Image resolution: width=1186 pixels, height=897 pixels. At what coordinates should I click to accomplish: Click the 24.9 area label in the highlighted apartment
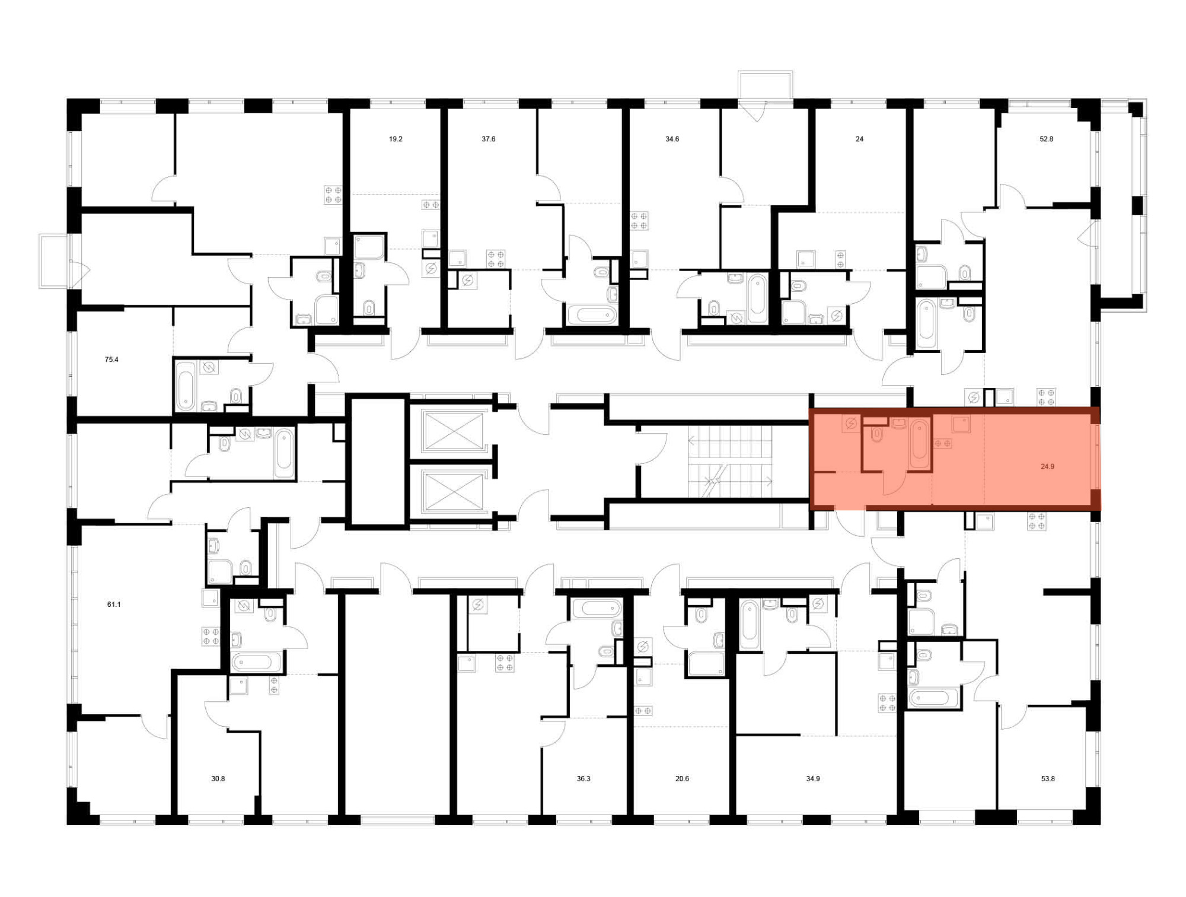pyautogui.click(x=1047, y=466)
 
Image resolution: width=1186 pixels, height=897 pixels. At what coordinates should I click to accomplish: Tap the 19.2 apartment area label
pyautogui.click(x=396, y=139)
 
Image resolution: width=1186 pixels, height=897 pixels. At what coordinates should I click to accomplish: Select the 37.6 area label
pyautogui.click(x=488, y=139)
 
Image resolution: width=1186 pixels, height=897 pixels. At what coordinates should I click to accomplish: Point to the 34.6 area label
pyautogui.click(x=672, y=139)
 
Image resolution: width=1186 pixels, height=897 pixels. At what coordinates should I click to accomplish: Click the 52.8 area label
pyautogui.click(x=1046, y=139)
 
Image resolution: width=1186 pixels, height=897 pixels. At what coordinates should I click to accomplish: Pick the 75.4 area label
pyautogui.click(x=111, y=360)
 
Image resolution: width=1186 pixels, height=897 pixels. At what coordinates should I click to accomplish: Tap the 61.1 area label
pyautogui.click(x=114, y=605)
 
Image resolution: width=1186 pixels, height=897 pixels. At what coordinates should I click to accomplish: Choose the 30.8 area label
pyautogui.click(x=218, y=778)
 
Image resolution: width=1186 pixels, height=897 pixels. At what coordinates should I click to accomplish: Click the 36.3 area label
pyautogui.click(x=584, y=778)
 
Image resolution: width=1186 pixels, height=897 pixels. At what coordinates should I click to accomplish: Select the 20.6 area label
pyautogui.click(x=682, y=778)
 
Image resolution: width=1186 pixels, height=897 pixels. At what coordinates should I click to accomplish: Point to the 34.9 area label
pyautogui.click(x=813, y=778)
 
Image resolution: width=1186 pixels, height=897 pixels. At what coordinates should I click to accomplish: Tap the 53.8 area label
pyautogui.click(x=1048, y=778)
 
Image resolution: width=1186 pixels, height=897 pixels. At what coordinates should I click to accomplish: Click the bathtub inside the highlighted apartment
pyautogui.click(x=920, y=443)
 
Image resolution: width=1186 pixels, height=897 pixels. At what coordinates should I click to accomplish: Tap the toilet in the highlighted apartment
pyautogui.click(x=877, y=435)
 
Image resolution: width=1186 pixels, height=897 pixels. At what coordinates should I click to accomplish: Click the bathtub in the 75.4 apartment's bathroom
pyautogui.click(x=186, y=386)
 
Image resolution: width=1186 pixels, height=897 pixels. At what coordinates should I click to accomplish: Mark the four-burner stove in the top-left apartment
pyautogui.click(x=333, y=195)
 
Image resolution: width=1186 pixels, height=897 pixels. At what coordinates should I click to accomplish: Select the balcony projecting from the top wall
pyautogui.click(x=766, y=85)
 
